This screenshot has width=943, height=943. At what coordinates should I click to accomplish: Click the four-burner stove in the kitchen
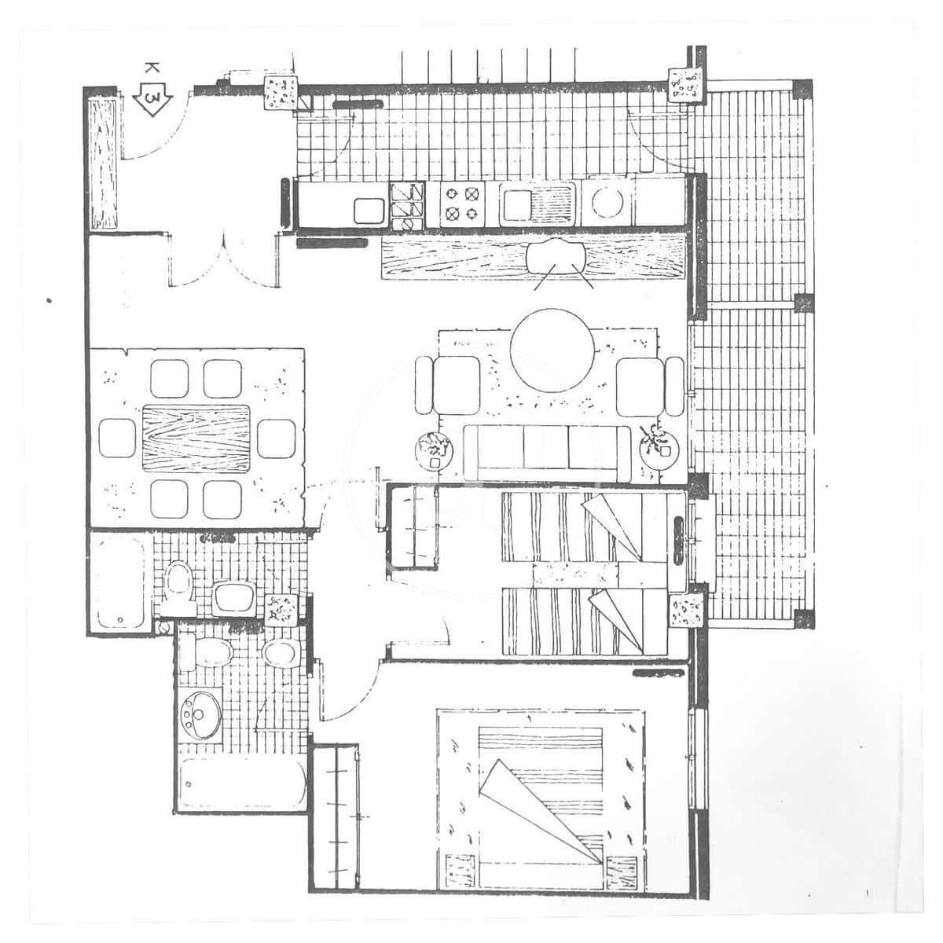(460, 203)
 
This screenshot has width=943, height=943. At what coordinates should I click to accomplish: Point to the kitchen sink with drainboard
(538, 204)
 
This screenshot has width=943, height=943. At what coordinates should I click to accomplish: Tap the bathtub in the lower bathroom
(240, 782)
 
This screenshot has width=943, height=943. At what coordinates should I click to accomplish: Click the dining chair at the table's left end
(119, 438)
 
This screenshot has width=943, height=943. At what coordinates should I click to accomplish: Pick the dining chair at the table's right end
(276, 438)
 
